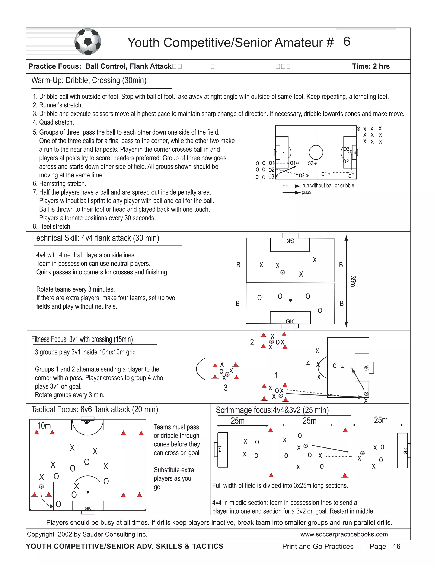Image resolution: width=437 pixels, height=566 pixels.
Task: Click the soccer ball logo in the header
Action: point(87,42)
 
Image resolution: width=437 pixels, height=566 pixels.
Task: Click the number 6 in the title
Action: point(347,42)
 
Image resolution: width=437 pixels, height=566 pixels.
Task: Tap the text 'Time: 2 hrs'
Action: point(370,66)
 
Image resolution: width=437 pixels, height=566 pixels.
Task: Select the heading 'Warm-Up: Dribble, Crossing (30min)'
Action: point(89,80)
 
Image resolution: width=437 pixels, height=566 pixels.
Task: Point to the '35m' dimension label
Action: point(353,281)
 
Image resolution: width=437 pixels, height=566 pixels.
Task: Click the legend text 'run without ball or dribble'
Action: point(328,186)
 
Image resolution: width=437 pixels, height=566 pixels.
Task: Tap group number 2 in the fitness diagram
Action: point(252,342)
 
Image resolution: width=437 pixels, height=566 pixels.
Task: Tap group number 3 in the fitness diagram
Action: point(226,388)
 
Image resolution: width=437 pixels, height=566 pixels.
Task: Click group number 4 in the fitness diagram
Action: point(308,364)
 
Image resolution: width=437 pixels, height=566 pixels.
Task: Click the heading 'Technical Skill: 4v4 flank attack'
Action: point(96,238)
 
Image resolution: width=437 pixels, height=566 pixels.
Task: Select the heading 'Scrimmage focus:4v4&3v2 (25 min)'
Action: point(272,410)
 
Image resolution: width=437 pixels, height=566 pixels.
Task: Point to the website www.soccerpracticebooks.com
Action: point(344,534)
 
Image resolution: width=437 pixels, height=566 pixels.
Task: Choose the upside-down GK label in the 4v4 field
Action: point(290,241)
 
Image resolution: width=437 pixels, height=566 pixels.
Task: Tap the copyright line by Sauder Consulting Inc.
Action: point(87,534)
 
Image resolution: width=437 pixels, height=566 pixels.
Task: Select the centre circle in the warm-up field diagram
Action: point(316,152)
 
